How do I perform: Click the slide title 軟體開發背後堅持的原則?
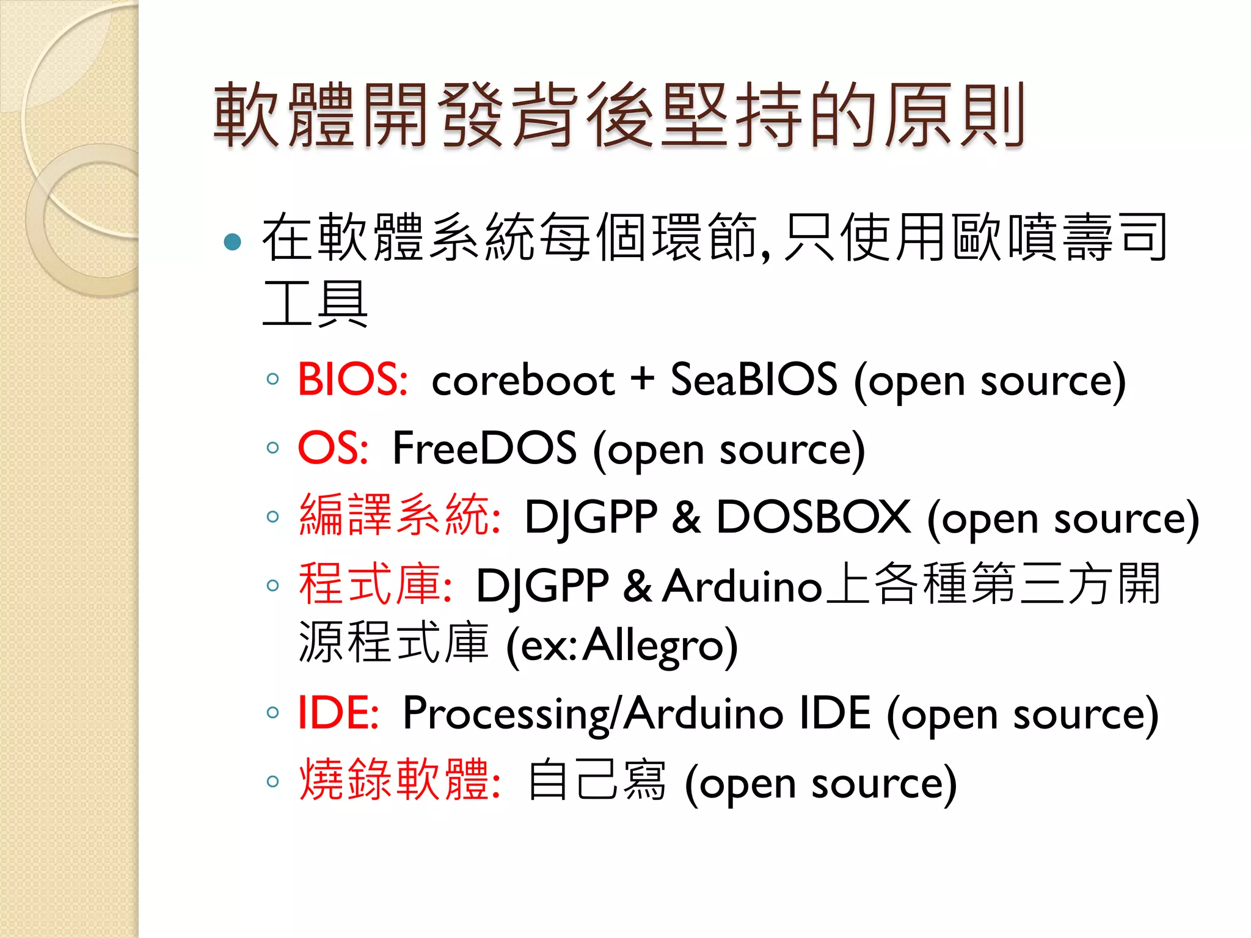click(x=618, y=116)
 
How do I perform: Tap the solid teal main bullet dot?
click(x=233, y=242)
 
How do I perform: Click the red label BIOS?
click(x=352, y=380)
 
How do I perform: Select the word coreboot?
click(x=523, y=381)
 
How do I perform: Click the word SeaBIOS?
click(x=754, y=380)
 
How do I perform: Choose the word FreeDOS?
click(x=484, y=448)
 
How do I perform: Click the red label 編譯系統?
click(x=400, y=516)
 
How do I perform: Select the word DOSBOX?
click(x=813, y=517)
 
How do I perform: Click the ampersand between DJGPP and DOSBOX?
click(x=687, y=517)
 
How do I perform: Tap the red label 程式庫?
click(x=375, y=584)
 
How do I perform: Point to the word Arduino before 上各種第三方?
click(x=742, y=586)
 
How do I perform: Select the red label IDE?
click(x=338, y=713)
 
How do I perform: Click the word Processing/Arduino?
click(x=593, y=714)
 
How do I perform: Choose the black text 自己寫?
click(x=597, y=782)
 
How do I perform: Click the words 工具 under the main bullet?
click(x=315, y=304)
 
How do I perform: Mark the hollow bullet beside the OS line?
click(x=273, y=448)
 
